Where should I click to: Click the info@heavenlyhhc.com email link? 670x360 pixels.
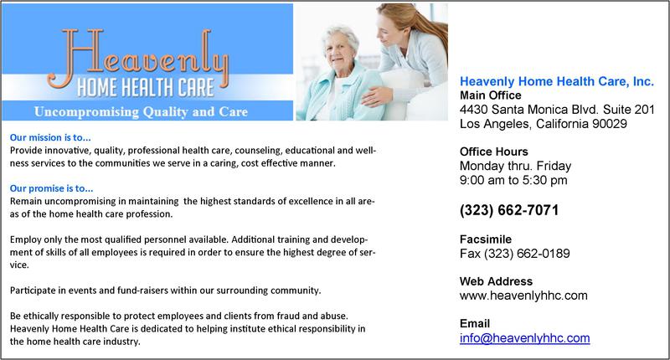(525, 337)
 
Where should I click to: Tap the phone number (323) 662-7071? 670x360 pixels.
(509, 210)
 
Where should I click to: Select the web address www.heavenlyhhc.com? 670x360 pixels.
(523, 296)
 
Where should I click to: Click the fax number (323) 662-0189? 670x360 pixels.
(527, 254)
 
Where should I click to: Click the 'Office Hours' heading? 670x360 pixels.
(493, 152)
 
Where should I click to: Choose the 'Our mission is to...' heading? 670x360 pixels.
(50, 137)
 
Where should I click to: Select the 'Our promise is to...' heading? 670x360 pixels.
(51, 188)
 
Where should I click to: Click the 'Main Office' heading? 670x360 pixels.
(491, 95)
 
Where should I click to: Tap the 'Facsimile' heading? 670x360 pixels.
(486, 239)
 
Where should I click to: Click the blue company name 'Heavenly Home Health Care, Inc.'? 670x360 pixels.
(557, 81)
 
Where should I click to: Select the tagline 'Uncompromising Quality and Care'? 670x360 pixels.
(141, 111)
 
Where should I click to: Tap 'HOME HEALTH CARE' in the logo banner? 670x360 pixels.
(145, 88)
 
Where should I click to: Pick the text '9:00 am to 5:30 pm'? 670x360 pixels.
(513, 180)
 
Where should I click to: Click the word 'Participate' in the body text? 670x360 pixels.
(33, 291)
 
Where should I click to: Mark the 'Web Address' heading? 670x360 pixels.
(496, 281)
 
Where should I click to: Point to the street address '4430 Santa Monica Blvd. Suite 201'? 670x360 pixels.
(557, 110)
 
